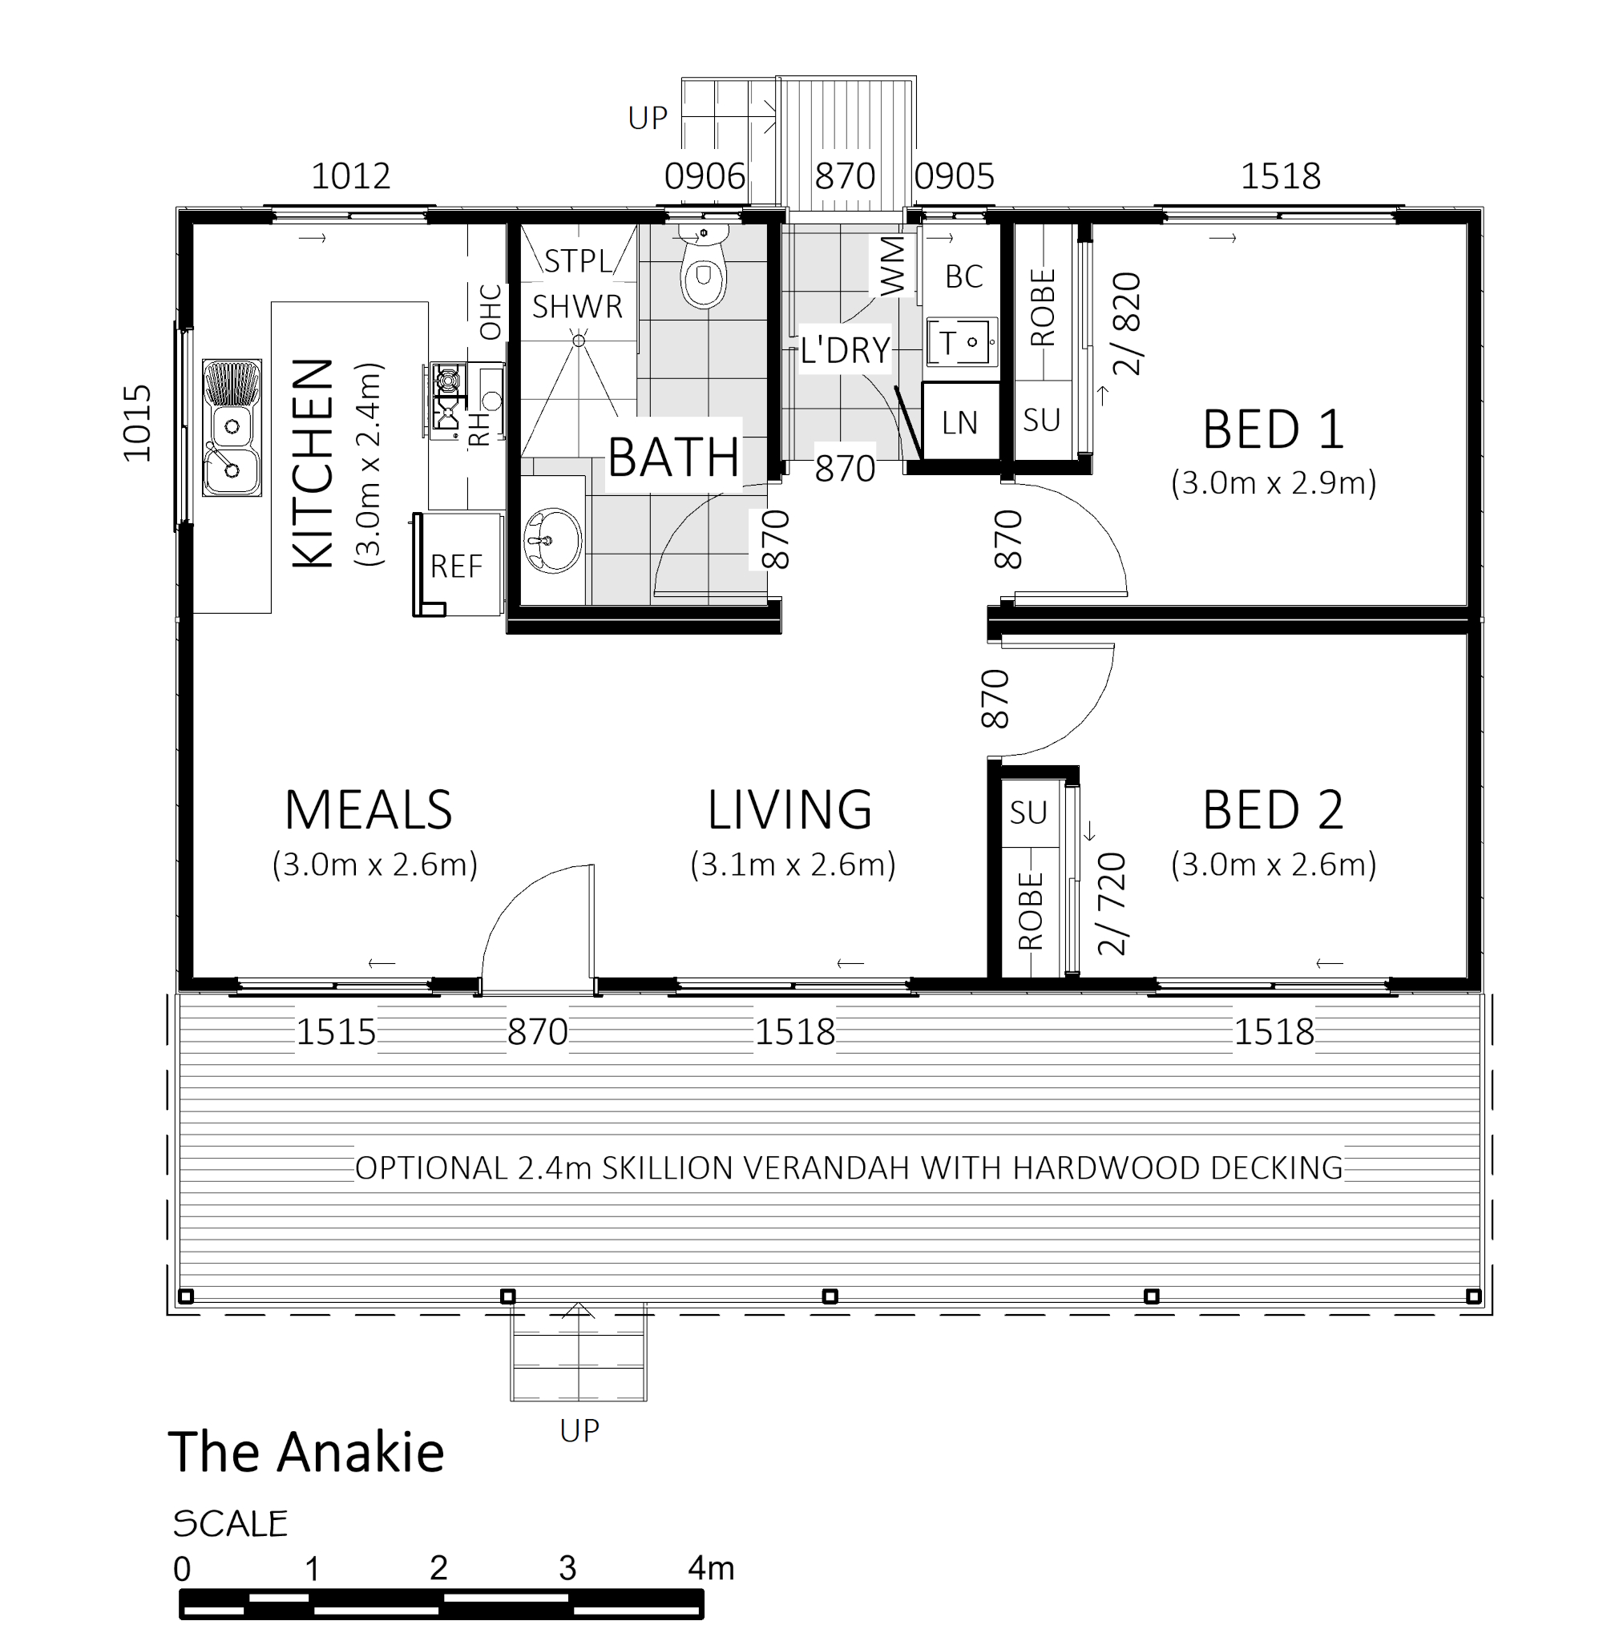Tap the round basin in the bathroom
click(552, 539)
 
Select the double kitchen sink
click(232, 428)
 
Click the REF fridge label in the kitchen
click(456, 567)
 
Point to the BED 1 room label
click(1272, 429)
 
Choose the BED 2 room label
click(1272, 810)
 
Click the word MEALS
click(368, 810)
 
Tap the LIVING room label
click(789, 810)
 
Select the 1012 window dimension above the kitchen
click(351, 176)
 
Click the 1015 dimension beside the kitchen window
click(137, 423)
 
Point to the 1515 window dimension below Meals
click(336, 1031)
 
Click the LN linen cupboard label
click(959, 422)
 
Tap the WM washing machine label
click(892, 266)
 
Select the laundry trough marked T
click(962, 342)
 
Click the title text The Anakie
click(306, 1452)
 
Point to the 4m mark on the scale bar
click(712, 1567)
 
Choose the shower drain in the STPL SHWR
click(579, 341)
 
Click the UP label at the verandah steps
click(579, 1430)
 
